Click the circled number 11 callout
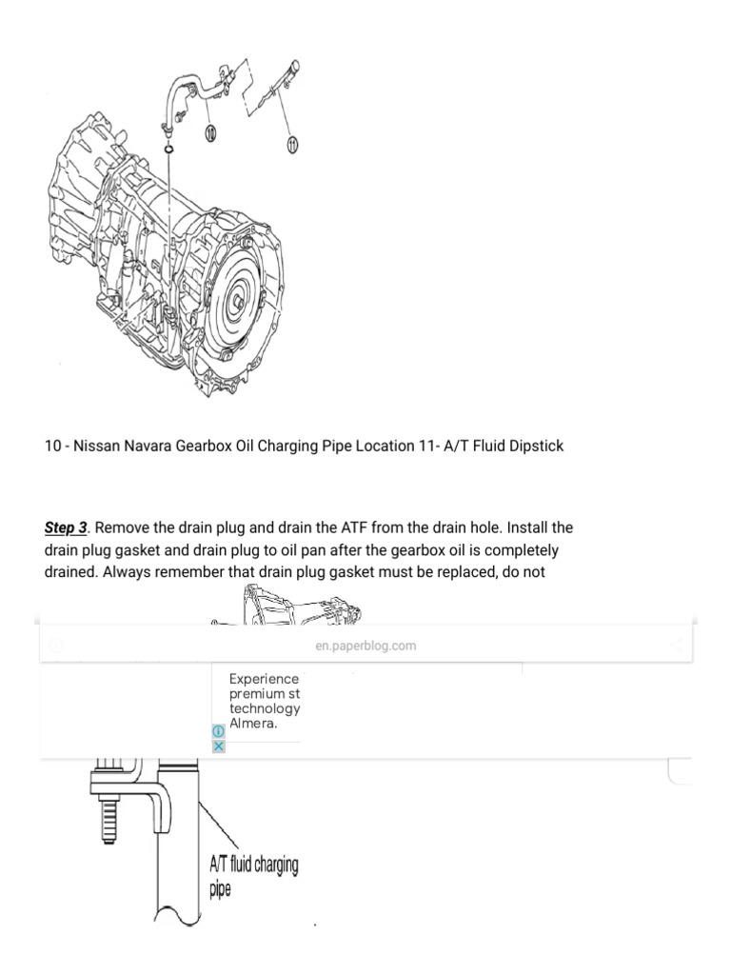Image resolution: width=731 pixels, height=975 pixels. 292,143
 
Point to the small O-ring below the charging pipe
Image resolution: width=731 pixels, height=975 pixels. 168,150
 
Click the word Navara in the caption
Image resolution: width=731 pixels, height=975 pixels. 147,446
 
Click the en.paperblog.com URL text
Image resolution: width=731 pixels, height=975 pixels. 365,646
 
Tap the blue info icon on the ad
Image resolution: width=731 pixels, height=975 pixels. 218,730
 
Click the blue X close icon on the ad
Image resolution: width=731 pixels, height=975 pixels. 218,746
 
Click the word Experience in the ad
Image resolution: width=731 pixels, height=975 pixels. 264,679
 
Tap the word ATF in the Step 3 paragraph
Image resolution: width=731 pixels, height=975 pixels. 335,527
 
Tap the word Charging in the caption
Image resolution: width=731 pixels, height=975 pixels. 299,446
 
